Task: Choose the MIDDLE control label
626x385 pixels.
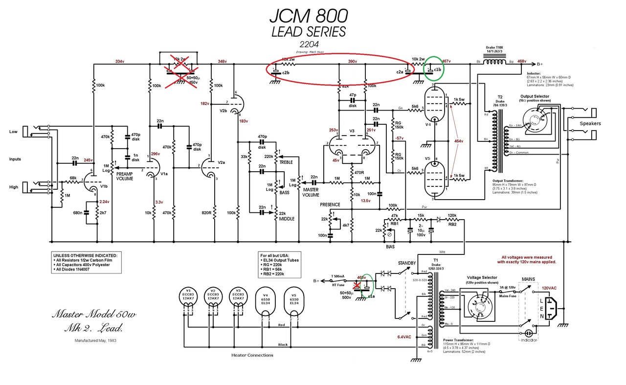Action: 287,219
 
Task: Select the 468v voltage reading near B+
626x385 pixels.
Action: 522,62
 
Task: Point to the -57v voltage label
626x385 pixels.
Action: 400,138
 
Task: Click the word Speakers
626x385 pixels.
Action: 590,123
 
